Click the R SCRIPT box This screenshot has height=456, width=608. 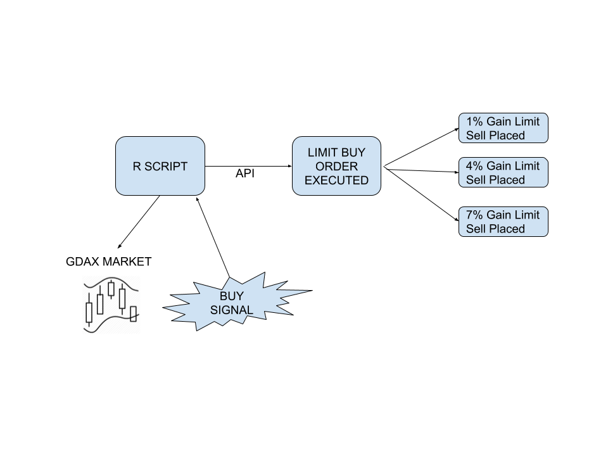(160, 166)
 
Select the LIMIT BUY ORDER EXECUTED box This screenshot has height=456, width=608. (336, 166)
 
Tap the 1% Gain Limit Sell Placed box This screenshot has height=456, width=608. (503, 128)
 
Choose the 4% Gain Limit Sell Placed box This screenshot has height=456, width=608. (503, 172)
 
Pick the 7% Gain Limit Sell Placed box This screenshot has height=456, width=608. (503, 222)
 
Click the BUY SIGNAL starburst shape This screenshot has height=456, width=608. (232, 303)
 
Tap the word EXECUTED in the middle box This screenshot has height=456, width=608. (336, 180)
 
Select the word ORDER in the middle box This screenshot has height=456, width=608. (336, 167)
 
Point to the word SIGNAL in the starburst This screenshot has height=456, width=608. (232, 310)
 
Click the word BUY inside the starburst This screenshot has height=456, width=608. (232, 296)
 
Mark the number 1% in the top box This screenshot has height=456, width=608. (474, 121)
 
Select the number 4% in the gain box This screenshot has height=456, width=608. (474, 165)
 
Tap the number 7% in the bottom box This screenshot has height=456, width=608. (474, 215)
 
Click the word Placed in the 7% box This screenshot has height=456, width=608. (507, 229)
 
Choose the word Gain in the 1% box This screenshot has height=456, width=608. (498, 121)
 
